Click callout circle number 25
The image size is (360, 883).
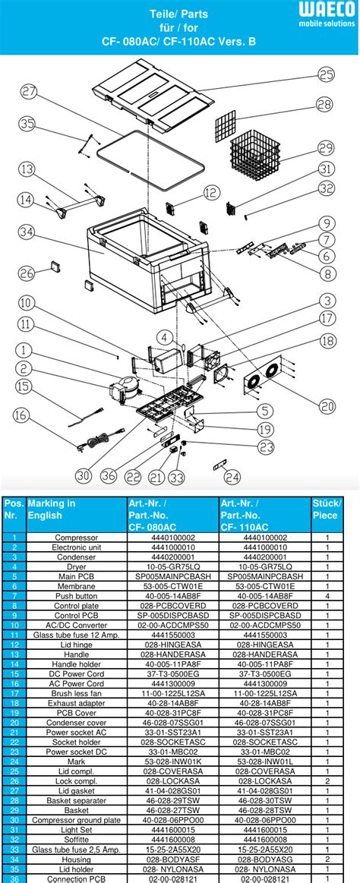pos(326,74)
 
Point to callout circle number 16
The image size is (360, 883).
pos(21,415)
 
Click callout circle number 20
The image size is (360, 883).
pos(327,406)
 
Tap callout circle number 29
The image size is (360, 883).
pos(326,147)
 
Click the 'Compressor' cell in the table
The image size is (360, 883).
pos(75,537)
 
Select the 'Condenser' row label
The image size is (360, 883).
pos(75,557)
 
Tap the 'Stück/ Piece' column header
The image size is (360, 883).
pos(327,509)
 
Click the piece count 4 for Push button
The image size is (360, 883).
pos(327,596)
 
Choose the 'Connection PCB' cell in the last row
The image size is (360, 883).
pos(75,877)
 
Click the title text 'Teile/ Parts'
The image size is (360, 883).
pos(179,14)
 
